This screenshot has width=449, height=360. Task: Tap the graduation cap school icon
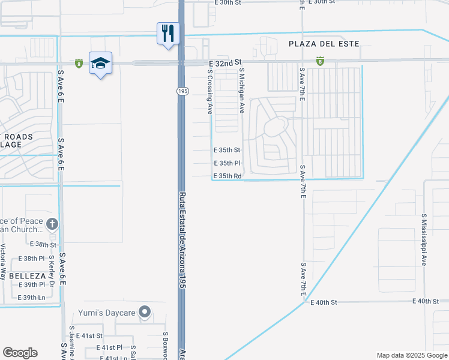(100, 63)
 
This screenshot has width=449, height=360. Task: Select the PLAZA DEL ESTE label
(324, 44)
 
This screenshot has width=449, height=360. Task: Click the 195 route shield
(182, 91)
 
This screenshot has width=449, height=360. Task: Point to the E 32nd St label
(224, 62)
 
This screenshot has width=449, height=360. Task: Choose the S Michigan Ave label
(242, 91)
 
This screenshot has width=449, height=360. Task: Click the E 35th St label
(227, 150)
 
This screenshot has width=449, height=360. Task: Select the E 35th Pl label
(227, 163)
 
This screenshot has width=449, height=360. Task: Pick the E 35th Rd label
(228, 176)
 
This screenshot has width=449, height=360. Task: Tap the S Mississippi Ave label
(423, 239)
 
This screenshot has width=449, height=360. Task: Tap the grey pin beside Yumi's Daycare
(144, 312)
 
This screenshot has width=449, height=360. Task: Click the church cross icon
(52, 224)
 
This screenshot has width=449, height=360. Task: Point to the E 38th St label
(43, 245)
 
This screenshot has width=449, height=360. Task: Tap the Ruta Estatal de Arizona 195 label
(182, 241)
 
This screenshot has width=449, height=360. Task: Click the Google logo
(20, 353)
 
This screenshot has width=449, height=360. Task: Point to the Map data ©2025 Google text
(411, 355)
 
